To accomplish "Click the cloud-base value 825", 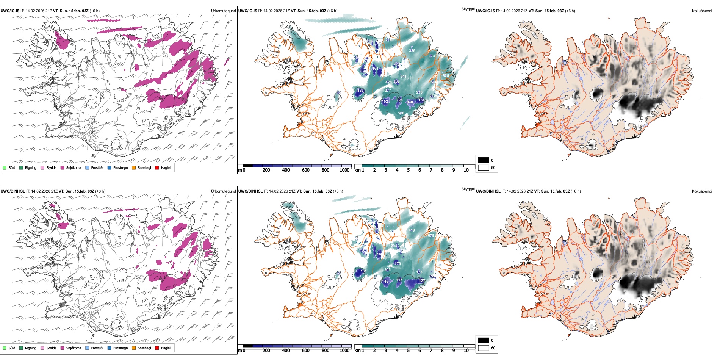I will click(x=446, y=76).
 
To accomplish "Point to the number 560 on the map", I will click(x=401, y=113).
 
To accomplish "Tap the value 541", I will click(x=403, y=77).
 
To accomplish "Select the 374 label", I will click(x=432, y=56).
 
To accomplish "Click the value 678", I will click(x=431, y=236).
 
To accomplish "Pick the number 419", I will click(x=412, y=230).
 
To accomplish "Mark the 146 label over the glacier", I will click(x=385, y=282).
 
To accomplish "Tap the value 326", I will click(x=412, y=51).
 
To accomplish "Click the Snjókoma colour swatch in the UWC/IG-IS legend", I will click(x=63, y=168).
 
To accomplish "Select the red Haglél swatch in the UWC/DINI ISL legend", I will click(x=157, y=348).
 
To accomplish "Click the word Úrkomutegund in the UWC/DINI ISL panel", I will click(x=223, y=191).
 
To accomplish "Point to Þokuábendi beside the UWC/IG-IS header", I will click(x=702, y=11).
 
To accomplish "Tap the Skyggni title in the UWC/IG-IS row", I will click(x=468, y=9).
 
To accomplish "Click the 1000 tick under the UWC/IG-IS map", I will click(x=344, y=171).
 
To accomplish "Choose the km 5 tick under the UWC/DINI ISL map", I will click(x=409, y=351).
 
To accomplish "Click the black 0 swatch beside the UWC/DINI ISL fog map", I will click(x=483, y=340).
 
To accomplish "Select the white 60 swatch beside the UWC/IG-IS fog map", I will click(x=483, y=167).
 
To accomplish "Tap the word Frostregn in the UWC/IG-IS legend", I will click(x=121, y=168).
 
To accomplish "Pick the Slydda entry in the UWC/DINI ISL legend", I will click(x=51, y=348).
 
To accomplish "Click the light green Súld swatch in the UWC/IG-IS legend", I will click(x=5, y=168).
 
